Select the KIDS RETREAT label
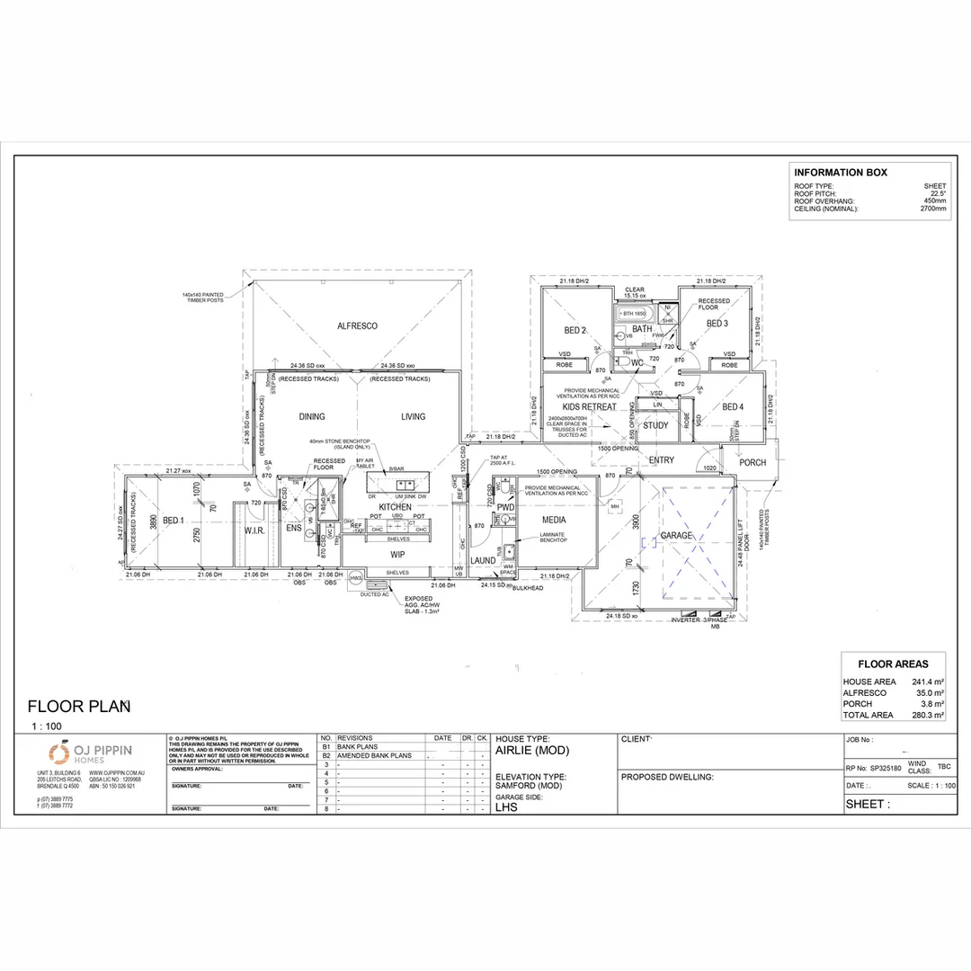click(589, 406)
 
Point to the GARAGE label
click(676, 536)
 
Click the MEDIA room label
click(554, 520)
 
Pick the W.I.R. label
click(254, 530)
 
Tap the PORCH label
click(753, 463)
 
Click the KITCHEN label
click(395, 508)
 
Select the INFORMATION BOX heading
click(840, 173)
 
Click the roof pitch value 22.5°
click(938, 193)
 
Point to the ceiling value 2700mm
click(933, 209)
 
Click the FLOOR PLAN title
click(79, 706)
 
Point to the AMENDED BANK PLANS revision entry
click(374, 755)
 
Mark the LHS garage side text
click(506, 806)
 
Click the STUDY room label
click(655, 425)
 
